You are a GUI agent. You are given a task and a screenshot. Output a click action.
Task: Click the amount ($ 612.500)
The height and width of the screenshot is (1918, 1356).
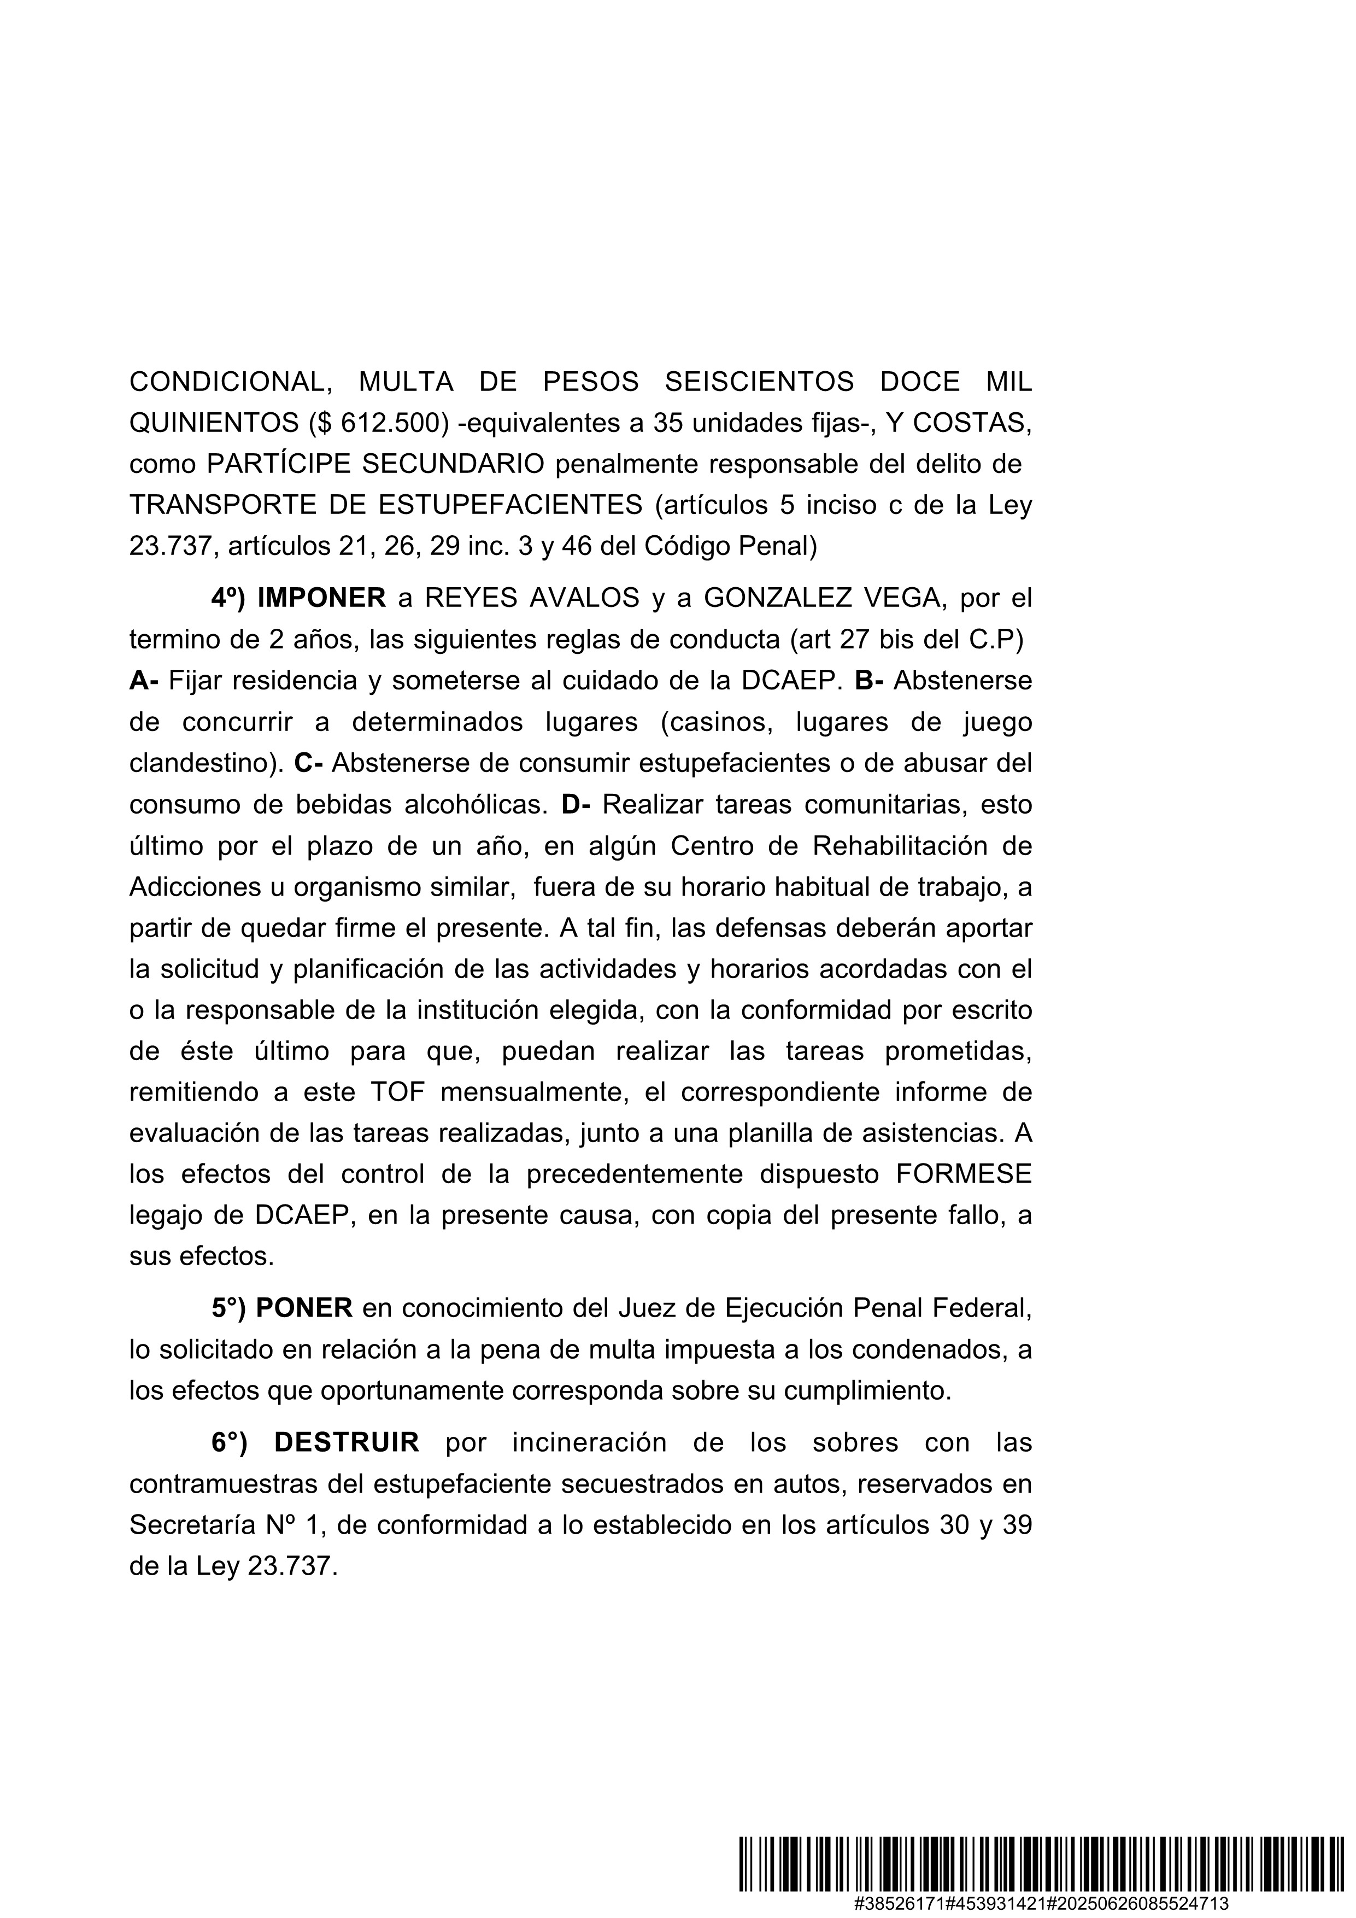[x=378, y=424]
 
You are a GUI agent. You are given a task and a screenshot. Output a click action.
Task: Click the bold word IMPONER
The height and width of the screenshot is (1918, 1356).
[x=321, y=598]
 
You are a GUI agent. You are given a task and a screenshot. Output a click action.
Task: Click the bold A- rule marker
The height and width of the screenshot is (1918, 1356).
[x=144, y=681]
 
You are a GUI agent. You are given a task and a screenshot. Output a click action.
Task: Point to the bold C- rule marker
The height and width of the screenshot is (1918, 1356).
[x=309, y=763]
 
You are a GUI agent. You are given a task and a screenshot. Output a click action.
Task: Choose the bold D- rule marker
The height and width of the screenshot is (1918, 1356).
[x=576, y=804]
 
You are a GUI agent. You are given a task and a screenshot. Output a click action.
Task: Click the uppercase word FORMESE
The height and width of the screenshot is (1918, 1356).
[x=964, y=1174]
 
